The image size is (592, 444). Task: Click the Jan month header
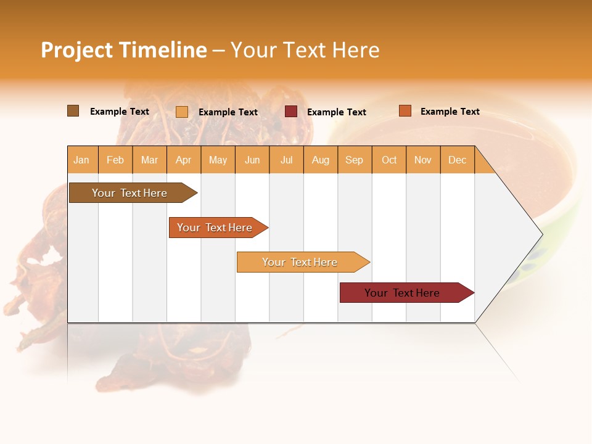(82, 160)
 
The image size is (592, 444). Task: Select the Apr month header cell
(184, 160)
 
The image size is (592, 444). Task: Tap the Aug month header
(321, 160)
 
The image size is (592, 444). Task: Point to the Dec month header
(458, 160)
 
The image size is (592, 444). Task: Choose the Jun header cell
(252, 160)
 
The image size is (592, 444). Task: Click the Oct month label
(389, 160)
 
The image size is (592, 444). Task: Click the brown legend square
(73, 111)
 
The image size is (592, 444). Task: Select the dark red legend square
(291, 111)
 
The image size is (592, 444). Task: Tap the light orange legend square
(182, 112)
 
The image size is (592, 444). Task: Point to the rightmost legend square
(405, 111)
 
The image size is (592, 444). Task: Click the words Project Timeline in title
(123, 50)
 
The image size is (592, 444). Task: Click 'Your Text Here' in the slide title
(305, 50)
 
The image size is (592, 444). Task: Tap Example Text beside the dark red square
(337, 112)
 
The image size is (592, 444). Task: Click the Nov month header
(423, 160)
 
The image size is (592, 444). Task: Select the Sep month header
(355, 160)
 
